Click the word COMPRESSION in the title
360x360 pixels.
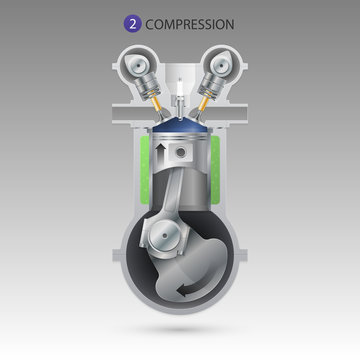click(x=190, y=22)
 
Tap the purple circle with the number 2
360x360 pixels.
click(x=133, y=22)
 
